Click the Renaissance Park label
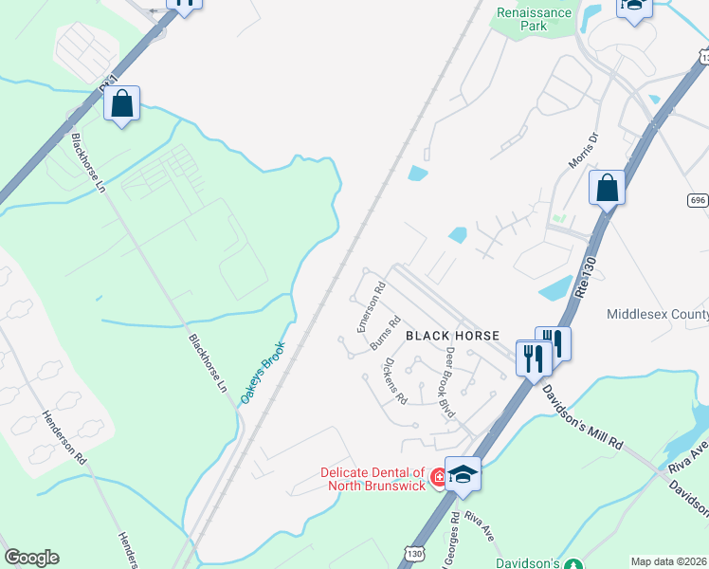tap(535, 19)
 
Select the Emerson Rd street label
tap(370, 306)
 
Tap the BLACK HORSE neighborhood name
tap(452, 336)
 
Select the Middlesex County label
tap(657, 314)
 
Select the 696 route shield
tap(699, 200)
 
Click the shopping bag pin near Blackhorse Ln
tap(122, 103)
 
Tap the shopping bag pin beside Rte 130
tap(607, 188)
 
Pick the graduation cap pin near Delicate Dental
tap(464, 473)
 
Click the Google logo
tap(31, 558)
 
